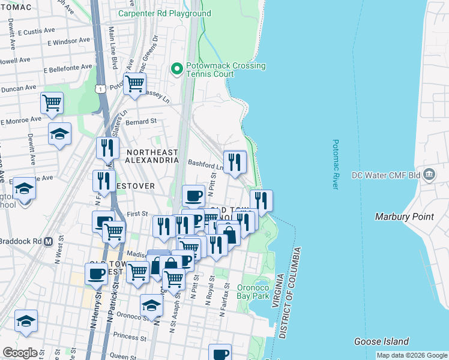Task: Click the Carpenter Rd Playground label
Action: coord(164,13)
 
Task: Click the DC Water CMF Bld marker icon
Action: coord(429,175)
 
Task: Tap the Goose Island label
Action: coord(381,341)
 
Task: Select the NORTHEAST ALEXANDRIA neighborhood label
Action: coord(152,156)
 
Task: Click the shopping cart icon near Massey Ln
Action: coord(134,83)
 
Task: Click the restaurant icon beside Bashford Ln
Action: coord(235,161)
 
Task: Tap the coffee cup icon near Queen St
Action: coord(220,353)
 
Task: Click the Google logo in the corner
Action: coord(20,353)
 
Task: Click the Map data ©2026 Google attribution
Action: coord(411,355)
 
